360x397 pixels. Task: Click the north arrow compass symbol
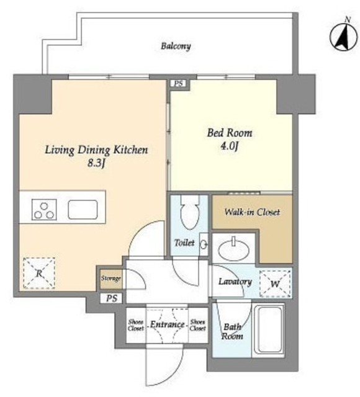pos(344,35)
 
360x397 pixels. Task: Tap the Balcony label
pos(176,47)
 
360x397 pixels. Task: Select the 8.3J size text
pos(96,163)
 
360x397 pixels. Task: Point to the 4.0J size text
pos(229,146)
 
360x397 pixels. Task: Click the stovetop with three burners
pos(44,210)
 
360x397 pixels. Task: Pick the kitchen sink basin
pos(83,210)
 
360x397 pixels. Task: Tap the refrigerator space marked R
pos(39,273)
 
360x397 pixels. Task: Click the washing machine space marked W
pos(275,283)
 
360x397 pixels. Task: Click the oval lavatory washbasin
pos(233,250)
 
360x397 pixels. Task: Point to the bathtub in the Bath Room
pos(269,329)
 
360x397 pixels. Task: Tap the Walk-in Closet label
pos(253,212)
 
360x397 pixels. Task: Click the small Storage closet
pos(110,279)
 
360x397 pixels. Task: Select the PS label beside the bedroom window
pos(179,83)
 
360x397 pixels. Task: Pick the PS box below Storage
pos(112,298)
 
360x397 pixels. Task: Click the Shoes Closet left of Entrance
pos(136,325)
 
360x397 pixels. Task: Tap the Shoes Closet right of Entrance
pos(197,325)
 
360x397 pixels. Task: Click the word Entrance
pos(167,324)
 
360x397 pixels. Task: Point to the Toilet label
pos(184,243)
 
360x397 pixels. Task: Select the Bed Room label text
pos(230,133)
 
